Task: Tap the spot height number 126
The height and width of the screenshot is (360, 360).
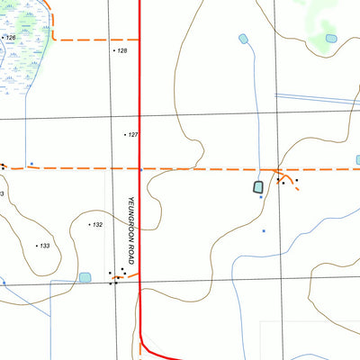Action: [12, 38]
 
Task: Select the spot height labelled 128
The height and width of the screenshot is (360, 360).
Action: [122, 51]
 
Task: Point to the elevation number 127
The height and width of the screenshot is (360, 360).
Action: [133, 135]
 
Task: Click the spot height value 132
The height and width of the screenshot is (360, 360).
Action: [97, 224]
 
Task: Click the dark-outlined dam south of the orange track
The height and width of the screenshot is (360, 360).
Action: [258, 187]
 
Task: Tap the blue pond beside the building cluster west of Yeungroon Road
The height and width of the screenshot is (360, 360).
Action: [85, 277]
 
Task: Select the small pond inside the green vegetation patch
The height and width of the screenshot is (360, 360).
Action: [331, 39]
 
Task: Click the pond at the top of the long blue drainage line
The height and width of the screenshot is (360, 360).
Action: [243, 39]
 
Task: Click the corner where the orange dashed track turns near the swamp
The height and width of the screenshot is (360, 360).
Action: [54, 39]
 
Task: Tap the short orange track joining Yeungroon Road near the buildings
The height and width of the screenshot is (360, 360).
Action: [131, 274]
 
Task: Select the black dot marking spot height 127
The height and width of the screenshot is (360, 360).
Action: [125, 135]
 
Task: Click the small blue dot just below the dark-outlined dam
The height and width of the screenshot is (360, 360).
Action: [261, 197]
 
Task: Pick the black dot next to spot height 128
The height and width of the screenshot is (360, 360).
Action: [114, 51]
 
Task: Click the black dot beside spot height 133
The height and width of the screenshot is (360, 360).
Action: [37, 245]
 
